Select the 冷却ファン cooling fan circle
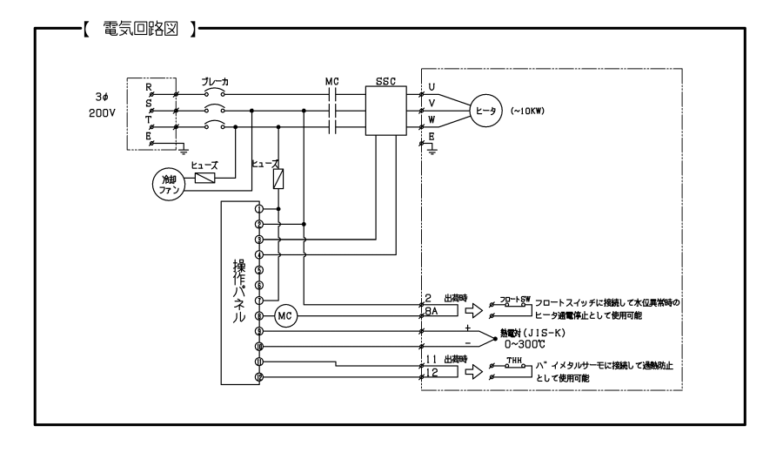coord(166,184)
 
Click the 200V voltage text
coord(102,113)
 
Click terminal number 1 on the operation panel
coord(258,209)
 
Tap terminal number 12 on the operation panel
coord(258,376)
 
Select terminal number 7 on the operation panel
coord(258,300)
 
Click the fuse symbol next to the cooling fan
coord(205,179)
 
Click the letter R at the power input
coord(149,88)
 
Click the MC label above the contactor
coord(331,81)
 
